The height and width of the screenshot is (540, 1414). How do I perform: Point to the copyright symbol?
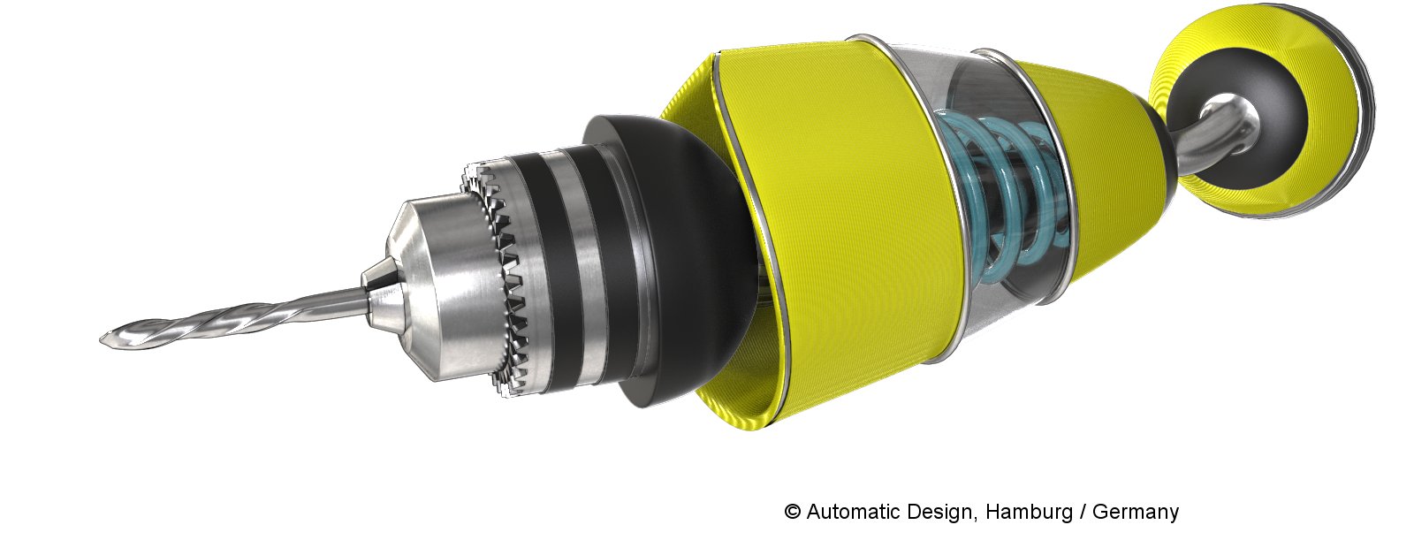click(x=792, y=511)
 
